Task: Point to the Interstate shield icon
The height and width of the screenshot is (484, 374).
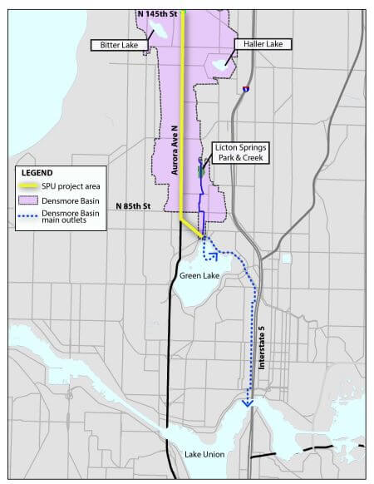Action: tap(246, 88)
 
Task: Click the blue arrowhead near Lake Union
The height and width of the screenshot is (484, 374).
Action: tap(247, 403)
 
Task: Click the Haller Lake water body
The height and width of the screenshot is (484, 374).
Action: tap(220, 62)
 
